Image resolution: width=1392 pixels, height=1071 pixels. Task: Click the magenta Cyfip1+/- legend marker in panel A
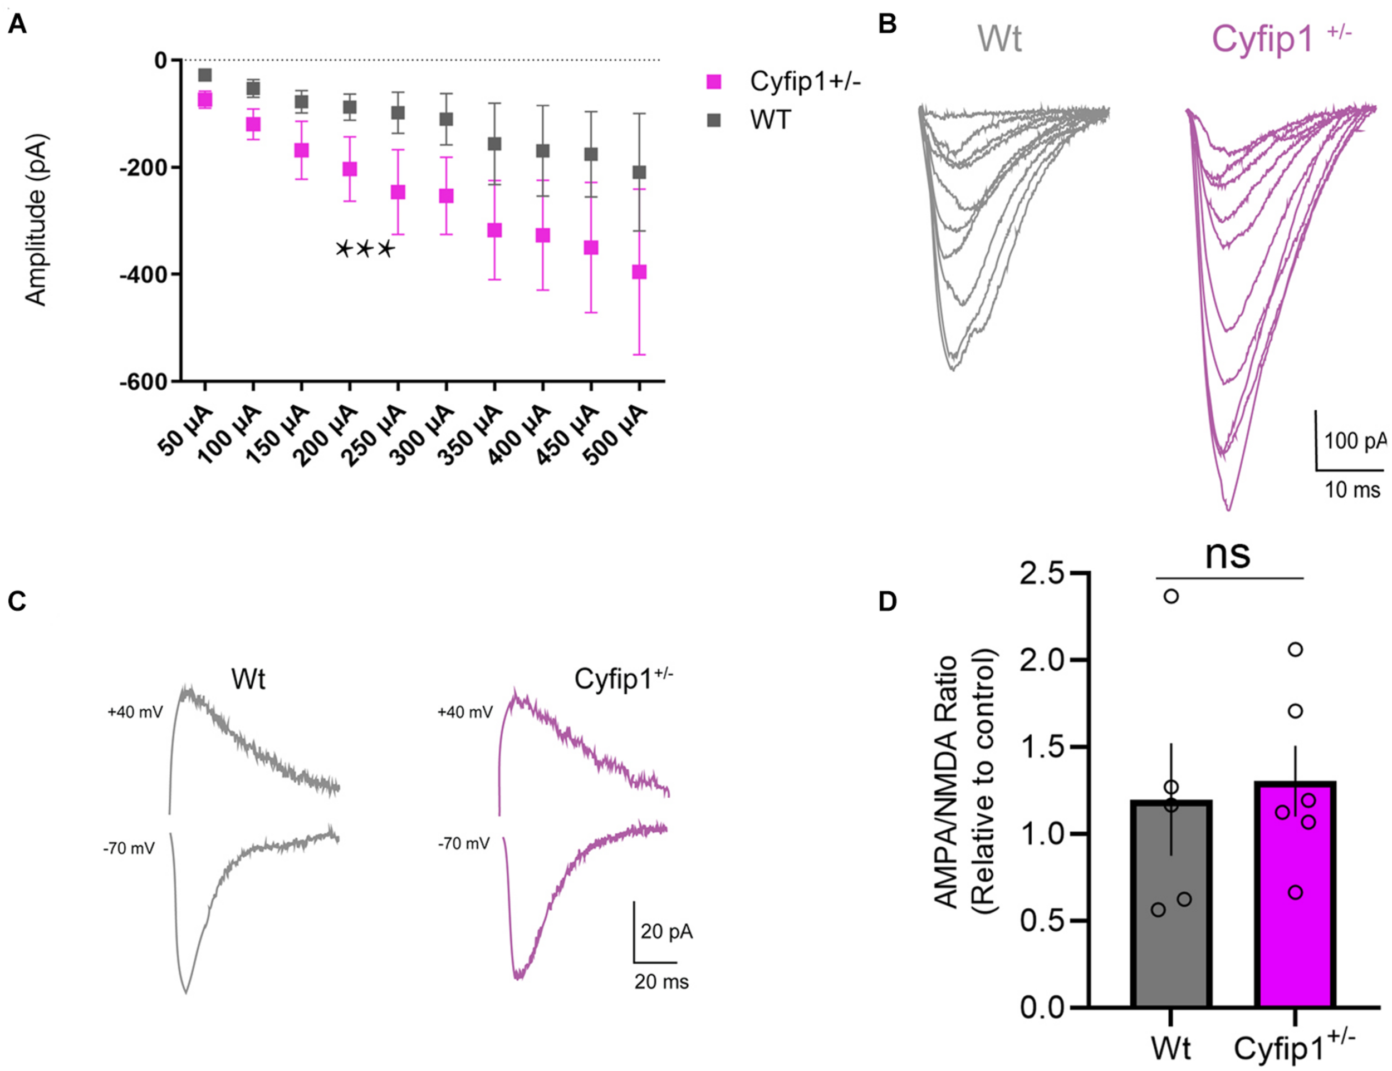pyautogui.click(x=714, y=82)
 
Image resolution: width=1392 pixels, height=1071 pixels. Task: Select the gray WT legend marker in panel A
pyautogui.click(x=714, y=120)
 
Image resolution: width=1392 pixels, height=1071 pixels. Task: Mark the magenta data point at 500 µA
pyautogui.click(x=639, y=272)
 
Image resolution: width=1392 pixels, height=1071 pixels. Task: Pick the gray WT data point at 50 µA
pyautogui.click(x=205, y=75)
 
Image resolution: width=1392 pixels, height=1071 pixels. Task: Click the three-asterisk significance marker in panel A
pyautogui.click(x=365, y=250)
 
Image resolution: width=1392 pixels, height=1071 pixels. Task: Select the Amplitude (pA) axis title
pyautogui.click(x=36, y=220)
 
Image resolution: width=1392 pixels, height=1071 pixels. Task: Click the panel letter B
pyautogui.click(x=887, y=24)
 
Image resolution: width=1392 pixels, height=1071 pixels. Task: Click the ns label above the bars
pyautogui.click(x=1228, y=554)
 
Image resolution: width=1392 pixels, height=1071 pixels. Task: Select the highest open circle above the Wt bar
pyautogui.click(x=1171, y=596)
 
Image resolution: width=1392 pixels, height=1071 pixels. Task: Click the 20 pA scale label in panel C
pyautogui.click(x=666, y=931)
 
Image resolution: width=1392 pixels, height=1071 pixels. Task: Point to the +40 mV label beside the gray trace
pyautogui.click(x=135, y=711)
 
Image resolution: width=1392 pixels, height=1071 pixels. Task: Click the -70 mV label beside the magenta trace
pyautogui.click(x=464, y=844)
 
